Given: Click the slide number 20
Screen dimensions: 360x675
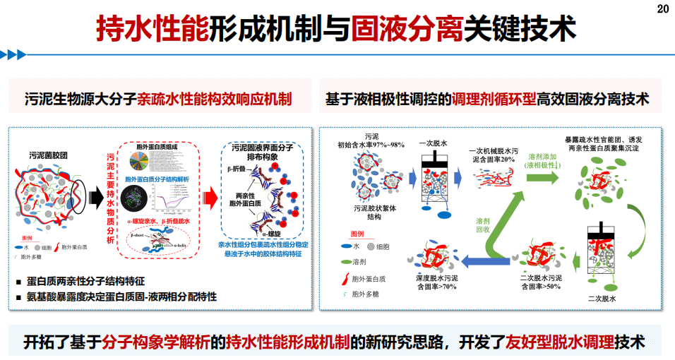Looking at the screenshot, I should tap(662, 8).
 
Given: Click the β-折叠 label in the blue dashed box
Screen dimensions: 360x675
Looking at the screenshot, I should tap(236, 168).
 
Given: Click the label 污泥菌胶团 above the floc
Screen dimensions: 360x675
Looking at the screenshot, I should tap(50, 155).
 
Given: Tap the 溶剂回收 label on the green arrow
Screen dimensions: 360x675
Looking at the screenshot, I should tap(483, 225).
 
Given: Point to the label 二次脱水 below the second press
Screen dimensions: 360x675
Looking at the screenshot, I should tap(602, 299).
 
